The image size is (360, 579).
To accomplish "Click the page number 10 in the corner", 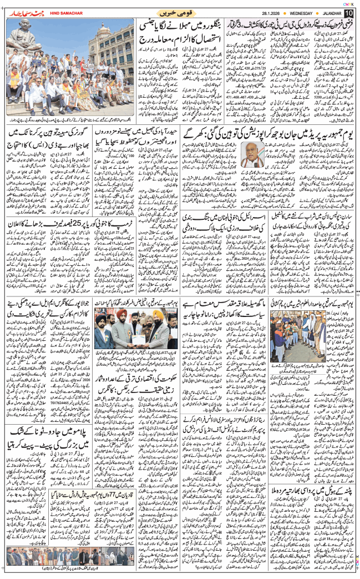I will click(x=348, y=12).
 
